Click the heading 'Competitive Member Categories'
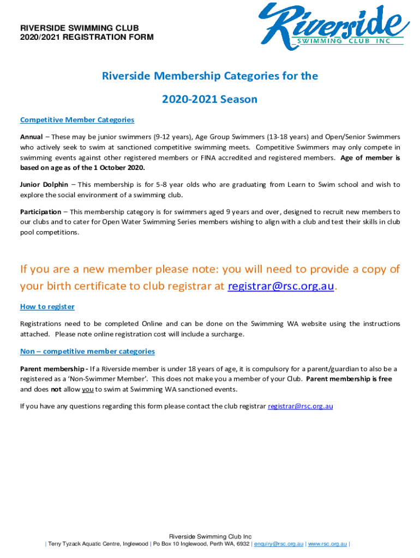click(x=77, y=120)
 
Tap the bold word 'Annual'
click(x=32, y=137)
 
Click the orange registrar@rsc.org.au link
click(x=280, y=287)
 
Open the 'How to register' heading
click(x=47, y=307)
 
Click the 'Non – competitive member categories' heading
click(x=87, y=351)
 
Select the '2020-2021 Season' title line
click(x=209, y=100)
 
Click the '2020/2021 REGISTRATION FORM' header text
click(x=87, y=38)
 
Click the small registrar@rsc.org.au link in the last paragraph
click(x=301, y=406)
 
